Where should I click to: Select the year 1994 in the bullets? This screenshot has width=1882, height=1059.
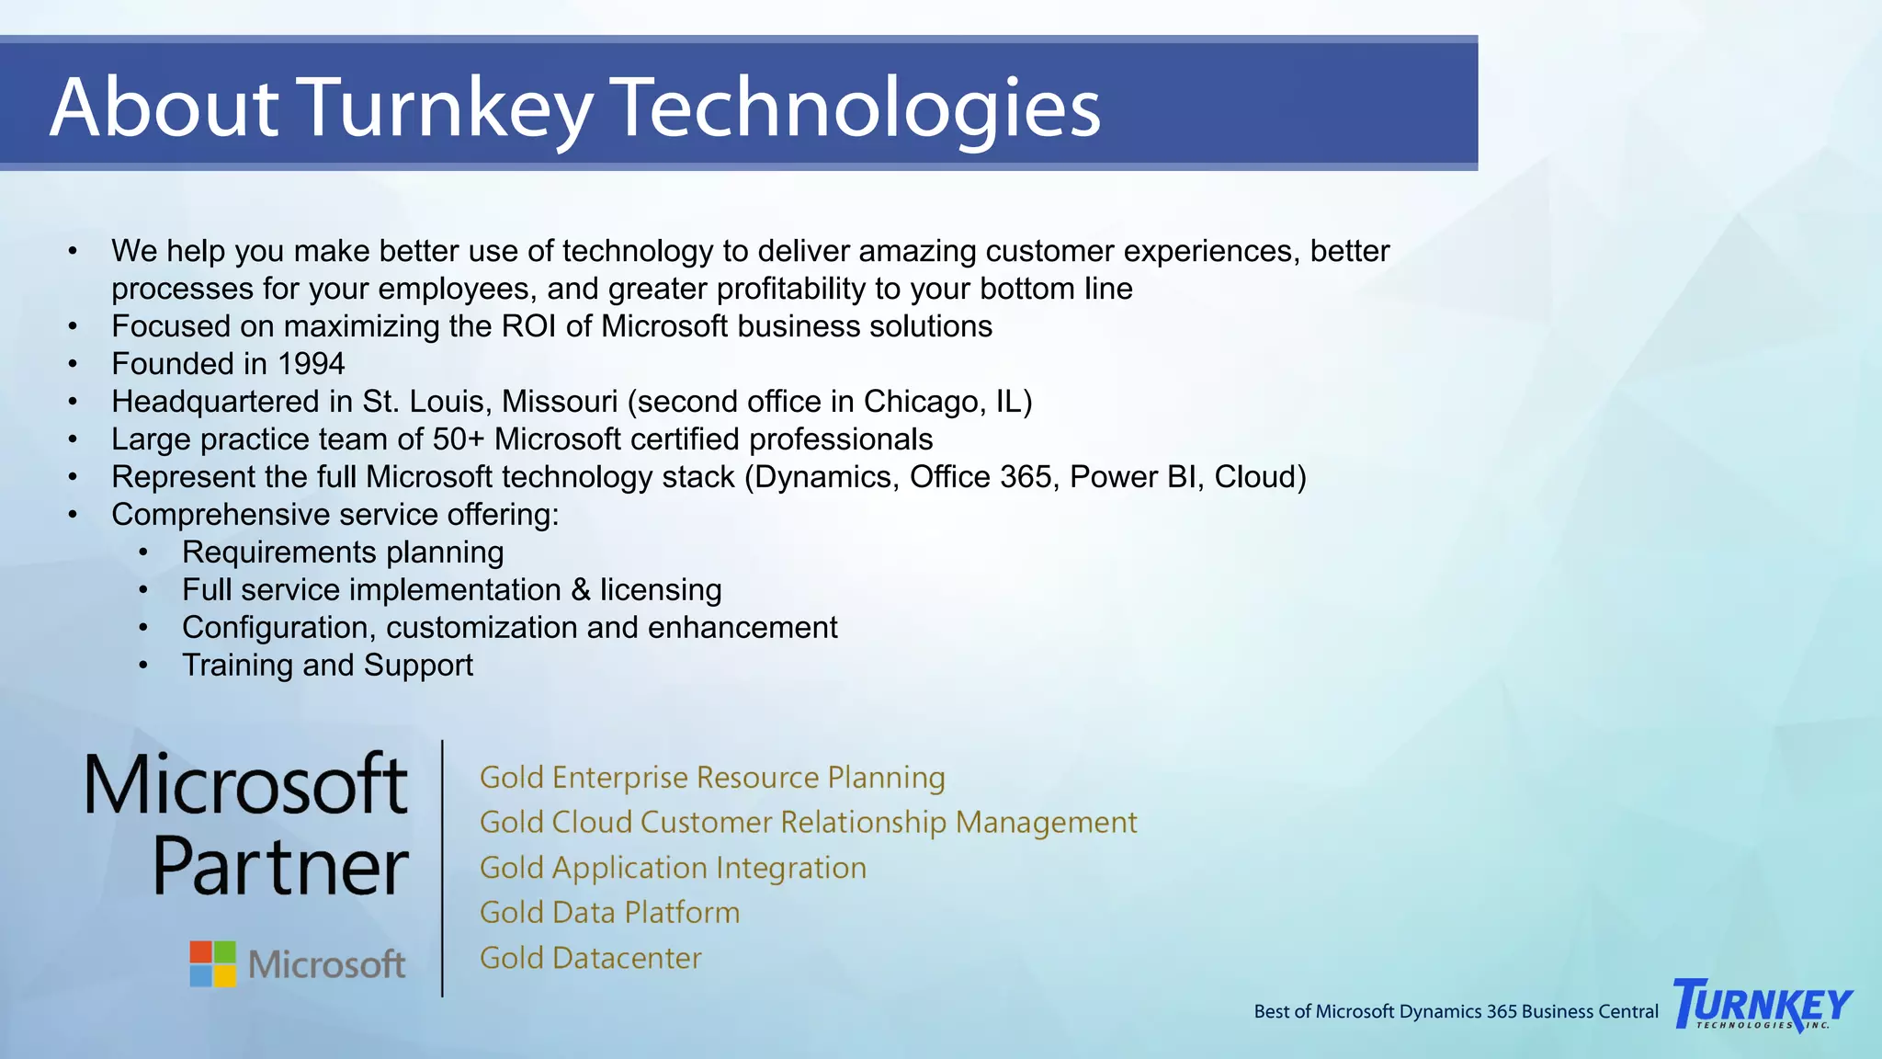311,364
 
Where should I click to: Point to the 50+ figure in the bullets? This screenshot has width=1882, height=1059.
458,439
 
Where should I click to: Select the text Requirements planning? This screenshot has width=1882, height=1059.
343,552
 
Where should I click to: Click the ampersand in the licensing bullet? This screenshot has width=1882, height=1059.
581,590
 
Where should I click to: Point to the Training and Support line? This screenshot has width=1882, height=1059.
327,666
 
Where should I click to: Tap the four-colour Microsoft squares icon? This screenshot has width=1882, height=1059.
213,963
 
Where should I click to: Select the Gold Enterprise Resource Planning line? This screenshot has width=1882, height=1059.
712,778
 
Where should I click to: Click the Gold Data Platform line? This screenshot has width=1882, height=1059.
609,913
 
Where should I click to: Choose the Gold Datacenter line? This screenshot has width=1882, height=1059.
590,958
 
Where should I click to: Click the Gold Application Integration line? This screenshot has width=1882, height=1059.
673,868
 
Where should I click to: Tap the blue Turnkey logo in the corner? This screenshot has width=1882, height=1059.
1762,1005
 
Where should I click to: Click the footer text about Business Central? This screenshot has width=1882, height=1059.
1456,1011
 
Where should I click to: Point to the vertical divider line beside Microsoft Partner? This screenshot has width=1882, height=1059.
443,868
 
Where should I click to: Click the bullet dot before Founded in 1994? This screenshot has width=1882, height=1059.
73,364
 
